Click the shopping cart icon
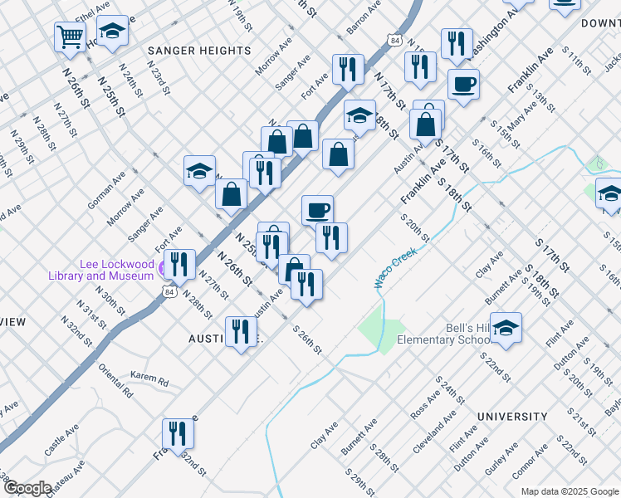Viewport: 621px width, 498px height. click(x=70, y=36)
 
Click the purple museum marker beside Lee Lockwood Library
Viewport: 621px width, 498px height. click(x=161, y=269)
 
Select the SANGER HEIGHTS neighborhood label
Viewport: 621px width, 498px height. click(x=199, y=51)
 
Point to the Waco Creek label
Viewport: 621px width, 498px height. click(x=394, y=270)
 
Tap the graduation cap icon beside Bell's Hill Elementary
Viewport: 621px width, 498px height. click(x=506, y=327)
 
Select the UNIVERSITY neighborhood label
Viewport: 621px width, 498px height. click(x=512, y=416)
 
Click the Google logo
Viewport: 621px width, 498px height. click(x=27, y=487)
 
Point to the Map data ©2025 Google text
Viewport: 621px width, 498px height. click(x=569, y=491)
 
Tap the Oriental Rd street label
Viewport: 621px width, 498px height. click(x=116, y=380)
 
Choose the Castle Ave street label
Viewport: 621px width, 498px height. click(x=61, y=440)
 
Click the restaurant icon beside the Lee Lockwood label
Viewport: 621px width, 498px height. click(x=179, y=264)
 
